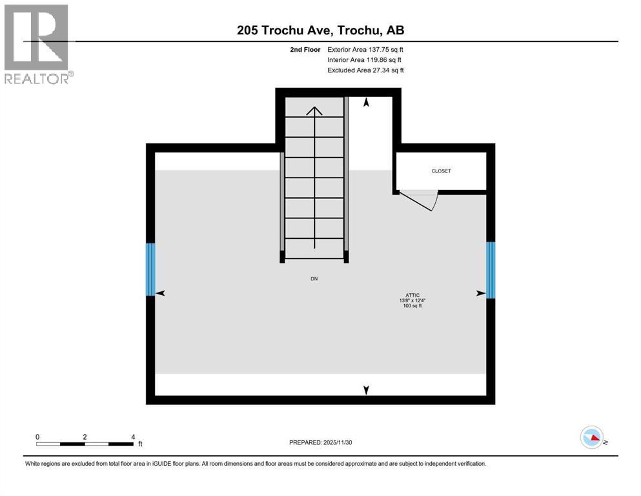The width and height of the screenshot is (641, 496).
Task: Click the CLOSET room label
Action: (x=441, y=171)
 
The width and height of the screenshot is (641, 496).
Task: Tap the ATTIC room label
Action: (x=405, y=294)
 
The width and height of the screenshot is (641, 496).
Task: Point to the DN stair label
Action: (x=314, y=279)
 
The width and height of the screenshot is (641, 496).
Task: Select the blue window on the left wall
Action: (x=150, y=269)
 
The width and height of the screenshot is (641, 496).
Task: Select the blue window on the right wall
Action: (x=490, y=270)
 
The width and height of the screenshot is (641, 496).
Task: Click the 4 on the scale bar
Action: (x=132, y=437)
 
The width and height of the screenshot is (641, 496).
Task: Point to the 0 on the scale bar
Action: (x=38, y=437)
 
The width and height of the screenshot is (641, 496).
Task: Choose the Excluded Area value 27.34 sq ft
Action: (x=387, y=70)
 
